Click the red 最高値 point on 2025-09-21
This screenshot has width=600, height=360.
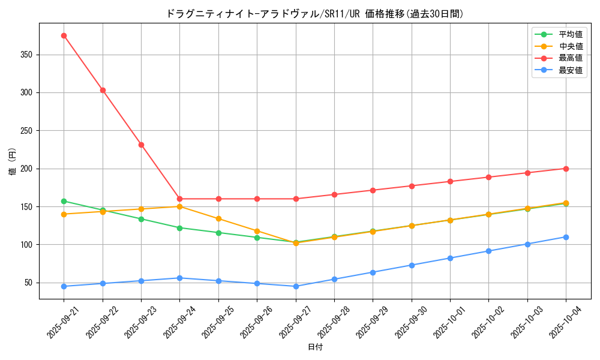64,35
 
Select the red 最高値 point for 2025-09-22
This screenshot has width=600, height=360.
103,90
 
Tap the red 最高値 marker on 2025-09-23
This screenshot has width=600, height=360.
141,145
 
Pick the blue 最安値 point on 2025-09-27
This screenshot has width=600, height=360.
296,286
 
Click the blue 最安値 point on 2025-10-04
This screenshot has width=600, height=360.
566,237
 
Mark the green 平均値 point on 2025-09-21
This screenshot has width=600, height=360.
64,201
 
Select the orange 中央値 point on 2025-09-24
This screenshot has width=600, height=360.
179,206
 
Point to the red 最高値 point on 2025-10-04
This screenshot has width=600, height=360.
566,169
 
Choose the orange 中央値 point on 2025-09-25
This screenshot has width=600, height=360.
218,218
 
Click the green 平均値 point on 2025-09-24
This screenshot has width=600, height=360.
179,227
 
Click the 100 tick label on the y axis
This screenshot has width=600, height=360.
28,245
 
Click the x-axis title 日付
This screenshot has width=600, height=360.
315,347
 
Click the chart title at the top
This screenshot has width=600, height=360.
315,14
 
